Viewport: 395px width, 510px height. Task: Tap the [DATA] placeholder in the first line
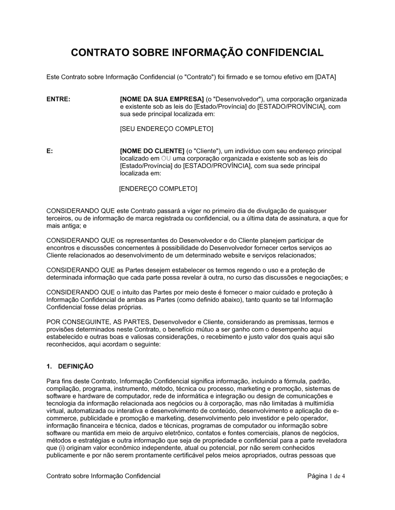[325, 77]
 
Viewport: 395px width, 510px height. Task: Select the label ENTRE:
[58, 99]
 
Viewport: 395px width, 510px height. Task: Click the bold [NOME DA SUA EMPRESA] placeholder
[162, 99]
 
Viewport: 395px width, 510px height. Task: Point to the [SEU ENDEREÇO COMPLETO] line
[166, 129]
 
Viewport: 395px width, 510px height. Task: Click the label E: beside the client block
[50, 151]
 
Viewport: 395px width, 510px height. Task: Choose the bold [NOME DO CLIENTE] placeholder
[152, 151]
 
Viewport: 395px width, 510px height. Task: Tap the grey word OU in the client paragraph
[166, 159]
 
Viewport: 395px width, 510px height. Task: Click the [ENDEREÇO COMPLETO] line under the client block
[158, 189]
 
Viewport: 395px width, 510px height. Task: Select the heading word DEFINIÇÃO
[76, 366]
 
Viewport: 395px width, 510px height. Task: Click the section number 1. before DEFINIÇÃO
[49, 366]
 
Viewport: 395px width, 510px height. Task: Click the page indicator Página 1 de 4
[326, 476]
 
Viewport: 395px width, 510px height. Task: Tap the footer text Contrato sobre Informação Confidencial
[103, 476]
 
